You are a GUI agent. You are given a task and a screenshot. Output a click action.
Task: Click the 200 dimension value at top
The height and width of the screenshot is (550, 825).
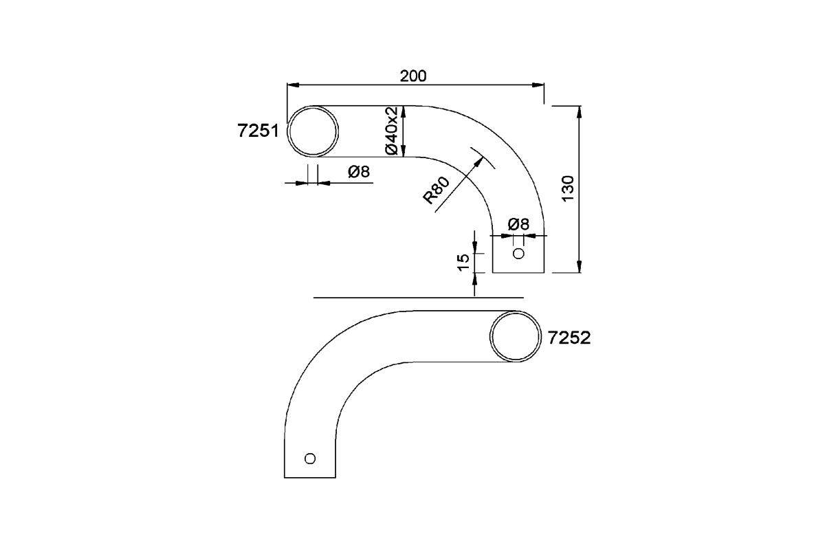pyautogui.click(x=413, y=76)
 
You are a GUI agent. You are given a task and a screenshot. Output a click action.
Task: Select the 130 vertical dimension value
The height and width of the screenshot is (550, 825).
pyautogui.click(x=568, y=188)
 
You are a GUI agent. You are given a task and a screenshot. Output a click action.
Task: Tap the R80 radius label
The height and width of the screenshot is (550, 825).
pyautogui.click(x=437, y=190)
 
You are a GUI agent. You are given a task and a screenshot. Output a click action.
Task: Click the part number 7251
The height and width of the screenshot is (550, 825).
pyautogui.click(x=257, y=132)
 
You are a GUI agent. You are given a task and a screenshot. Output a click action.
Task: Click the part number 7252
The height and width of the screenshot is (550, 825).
pyautogui.click(x=570, y=338)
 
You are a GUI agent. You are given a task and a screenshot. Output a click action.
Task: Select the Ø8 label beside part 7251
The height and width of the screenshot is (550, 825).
pyautogui.click(x=359, y=172)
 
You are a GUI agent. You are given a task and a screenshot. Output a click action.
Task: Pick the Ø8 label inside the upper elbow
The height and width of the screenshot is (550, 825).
pyautogui.click(x=518, y=224)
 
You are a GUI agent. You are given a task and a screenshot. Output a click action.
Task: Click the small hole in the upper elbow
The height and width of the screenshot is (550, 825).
pyautogui.click(x=518, y=254)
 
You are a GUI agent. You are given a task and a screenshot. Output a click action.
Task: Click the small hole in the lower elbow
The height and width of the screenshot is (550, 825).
pyautogui.click(x=310, y=458)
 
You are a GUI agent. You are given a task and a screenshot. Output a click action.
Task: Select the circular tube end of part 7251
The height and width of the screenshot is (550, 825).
pyautogui.click(x=313, y=131)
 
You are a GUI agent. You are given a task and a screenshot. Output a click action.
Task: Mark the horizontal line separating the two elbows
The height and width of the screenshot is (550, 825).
pyautogui.click(x=418, y=298)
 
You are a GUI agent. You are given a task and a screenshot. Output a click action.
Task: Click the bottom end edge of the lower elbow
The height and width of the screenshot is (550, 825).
pyautogui.click(x=310, y=477)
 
